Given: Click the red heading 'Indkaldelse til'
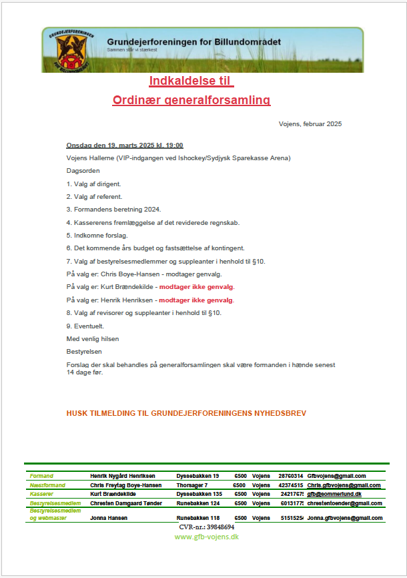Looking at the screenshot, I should pos(191,81).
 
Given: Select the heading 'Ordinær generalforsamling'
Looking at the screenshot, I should pos(191,100).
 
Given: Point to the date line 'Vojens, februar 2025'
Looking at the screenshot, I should pos(310,124).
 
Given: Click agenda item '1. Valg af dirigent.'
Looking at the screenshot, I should pos(93,184).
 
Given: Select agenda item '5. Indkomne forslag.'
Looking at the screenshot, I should pos(97,235).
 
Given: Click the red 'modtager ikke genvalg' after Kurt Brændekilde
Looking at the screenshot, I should pos(196,287).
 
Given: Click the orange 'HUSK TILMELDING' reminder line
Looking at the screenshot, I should pos(186,414).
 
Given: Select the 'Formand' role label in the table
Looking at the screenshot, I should pos(41,476).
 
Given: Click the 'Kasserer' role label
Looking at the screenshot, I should pos(41,494).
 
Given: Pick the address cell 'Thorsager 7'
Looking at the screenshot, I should pos(192,485).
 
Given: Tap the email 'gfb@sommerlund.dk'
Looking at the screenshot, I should pos(334,494).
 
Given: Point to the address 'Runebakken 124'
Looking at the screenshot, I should pos(197,503).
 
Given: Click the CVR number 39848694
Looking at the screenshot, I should pos(206,527).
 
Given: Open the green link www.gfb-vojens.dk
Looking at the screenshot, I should pos(206,537).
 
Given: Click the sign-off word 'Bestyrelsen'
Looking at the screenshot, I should pos(83,351).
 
